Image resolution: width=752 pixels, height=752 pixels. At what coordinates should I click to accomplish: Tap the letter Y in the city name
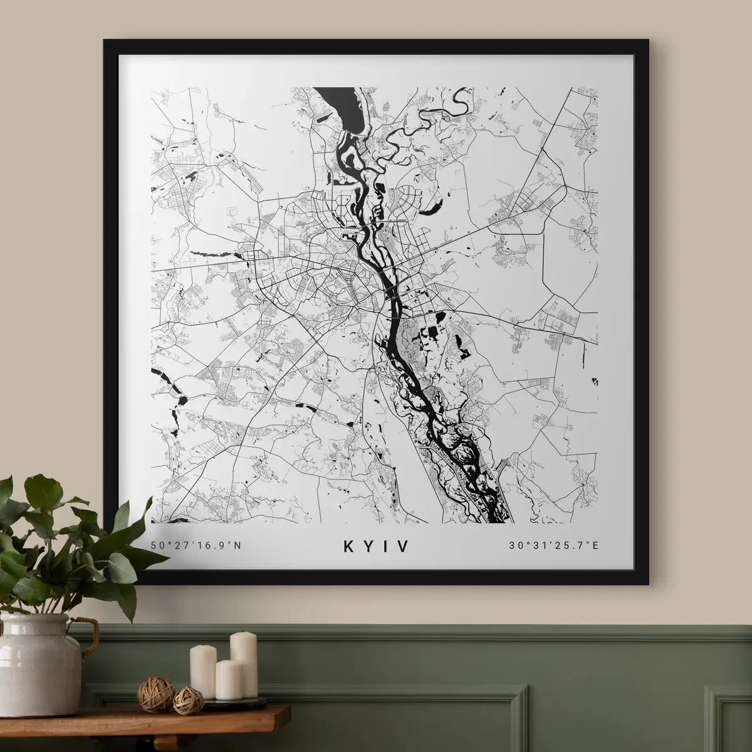tap(368, 546)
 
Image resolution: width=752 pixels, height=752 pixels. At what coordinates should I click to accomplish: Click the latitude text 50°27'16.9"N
tap(196, 545)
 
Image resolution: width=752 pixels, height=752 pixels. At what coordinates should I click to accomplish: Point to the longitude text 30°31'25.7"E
tap(554, 545)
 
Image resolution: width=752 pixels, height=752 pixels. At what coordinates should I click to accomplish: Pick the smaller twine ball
tap(184, 697)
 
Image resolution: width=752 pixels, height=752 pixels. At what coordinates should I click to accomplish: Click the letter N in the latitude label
tap(237, 545)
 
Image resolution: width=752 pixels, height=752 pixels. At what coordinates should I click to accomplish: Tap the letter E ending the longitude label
tap(595, 545)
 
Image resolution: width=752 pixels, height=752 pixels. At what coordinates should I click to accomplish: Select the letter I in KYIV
tap(385, 546)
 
